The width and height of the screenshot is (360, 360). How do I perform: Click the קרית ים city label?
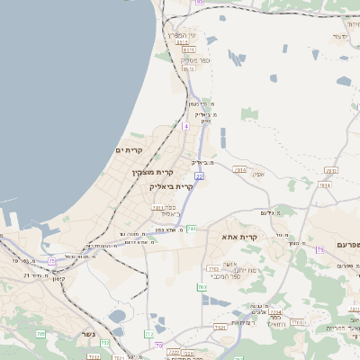tap(130, 149)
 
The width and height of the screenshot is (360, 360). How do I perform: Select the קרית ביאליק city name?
tap(171, 186)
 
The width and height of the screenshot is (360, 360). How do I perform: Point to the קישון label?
tap(58, 279)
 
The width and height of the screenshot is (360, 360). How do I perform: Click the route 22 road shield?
tap(199, 176)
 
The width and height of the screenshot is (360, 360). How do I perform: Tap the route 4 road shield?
tap(185, 127)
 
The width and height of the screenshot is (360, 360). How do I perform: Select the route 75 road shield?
tap(52, 261)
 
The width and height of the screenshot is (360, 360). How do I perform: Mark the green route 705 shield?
tap(40, 334)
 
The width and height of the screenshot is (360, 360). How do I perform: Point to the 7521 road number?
tap(220, 328)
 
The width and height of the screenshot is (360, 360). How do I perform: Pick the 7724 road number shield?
tap(275, 312)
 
